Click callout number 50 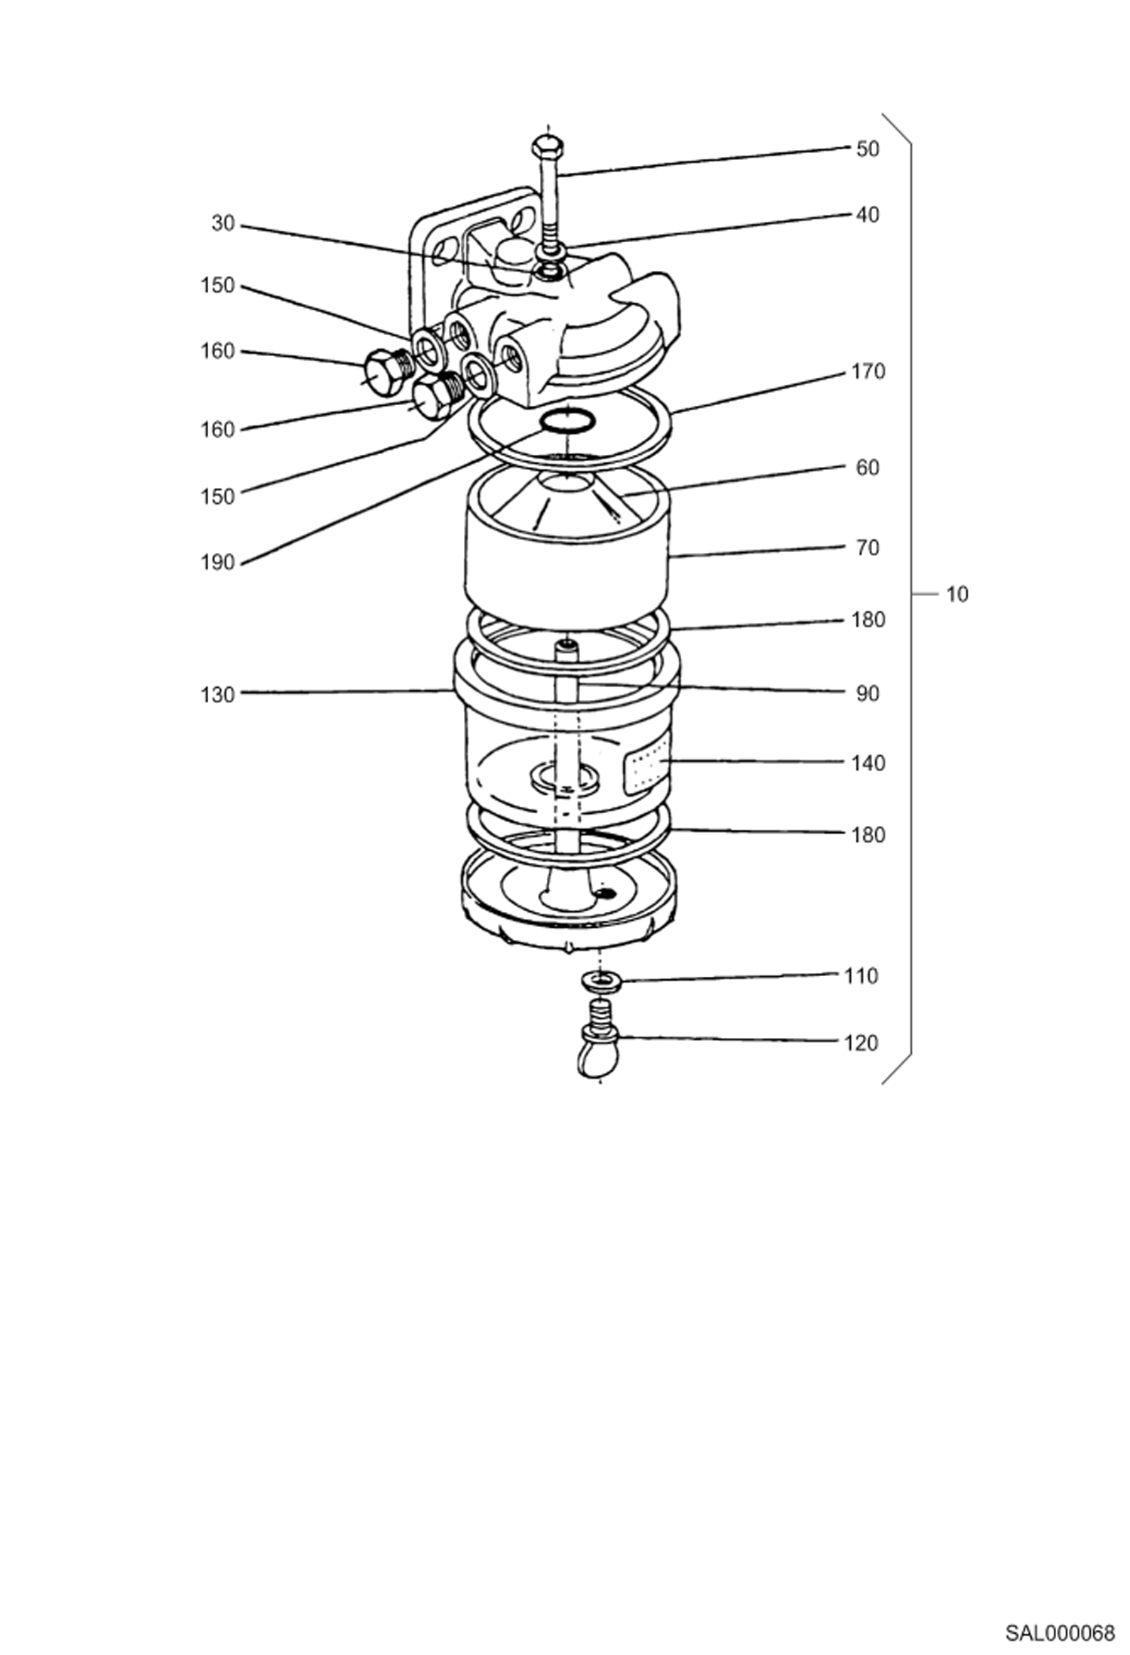pyautogui.click(x=867, y=149)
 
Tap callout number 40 pyautogui.click(x=867, y=215)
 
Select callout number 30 pyautogui.click(x=223, y=223)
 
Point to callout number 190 pyautogui.click(x=217, y=563)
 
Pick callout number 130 pyautogui.click(x=217, y=695)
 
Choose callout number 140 pyautogui.click(x=867, y=763)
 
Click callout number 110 pyautogui.click(x=861, y=976)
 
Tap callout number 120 pyautogui.click(x=861, y=1043)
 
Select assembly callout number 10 pyautogui.click(x=957, y=594)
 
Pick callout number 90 pyautogui.click(x=867, y=694)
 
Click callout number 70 pyautogui.click(x=867, y=548)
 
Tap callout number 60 pyautogui.click(x=867, y=468)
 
